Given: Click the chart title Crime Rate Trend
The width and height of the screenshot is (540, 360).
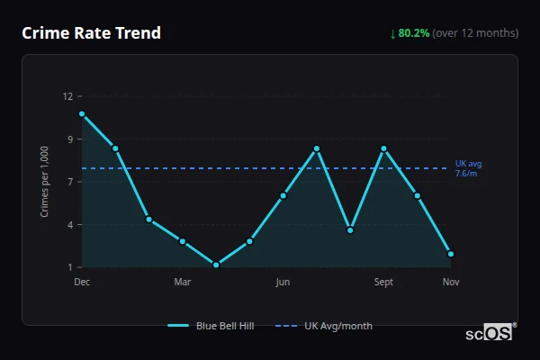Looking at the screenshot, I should (92, 33).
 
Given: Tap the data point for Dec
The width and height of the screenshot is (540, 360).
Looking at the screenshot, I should (82, 114).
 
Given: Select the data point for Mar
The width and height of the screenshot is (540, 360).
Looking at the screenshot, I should (183, 241).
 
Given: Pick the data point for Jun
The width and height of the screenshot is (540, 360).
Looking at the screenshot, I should (283, 195).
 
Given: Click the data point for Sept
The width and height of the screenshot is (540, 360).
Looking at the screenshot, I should (384, 148).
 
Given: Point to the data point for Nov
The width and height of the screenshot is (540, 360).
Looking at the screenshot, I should (451, 254).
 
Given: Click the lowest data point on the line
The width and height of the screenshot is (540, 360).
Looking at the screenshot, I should (216, 265).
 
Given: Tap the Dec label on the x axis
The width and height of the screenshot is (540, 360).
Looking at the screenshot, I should (82, 283).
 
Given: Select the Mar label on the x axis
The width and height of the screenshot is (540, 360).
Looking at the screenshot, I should (183, 283).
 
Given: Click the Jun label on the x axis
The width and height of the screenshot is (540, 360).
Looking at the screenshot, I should (283, 283).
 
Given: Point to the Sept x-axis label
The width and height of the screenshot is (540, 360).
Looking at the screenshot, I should (384, 283).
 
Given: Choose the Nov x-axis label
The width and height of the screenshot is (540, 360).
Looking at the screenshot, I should (451, 283).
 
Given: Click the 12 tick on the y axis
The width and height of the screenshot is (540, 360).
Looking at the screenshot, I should (68, 96).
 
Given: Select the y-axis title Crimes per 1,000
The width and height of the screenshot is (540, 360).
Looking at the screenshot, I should (45, 182).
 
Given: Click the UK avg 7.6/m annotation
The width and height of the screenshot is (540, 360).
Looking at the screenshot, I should (468, 168).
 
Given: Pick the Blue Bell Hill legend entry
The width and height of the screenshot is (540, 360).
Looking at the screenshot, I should (211, 326).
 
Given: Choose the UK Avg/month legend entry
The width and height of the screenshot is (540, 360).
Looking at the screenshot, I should (324, 326).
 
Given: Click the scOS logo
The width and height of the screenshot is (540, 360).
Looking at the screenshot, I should (490, 332).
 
